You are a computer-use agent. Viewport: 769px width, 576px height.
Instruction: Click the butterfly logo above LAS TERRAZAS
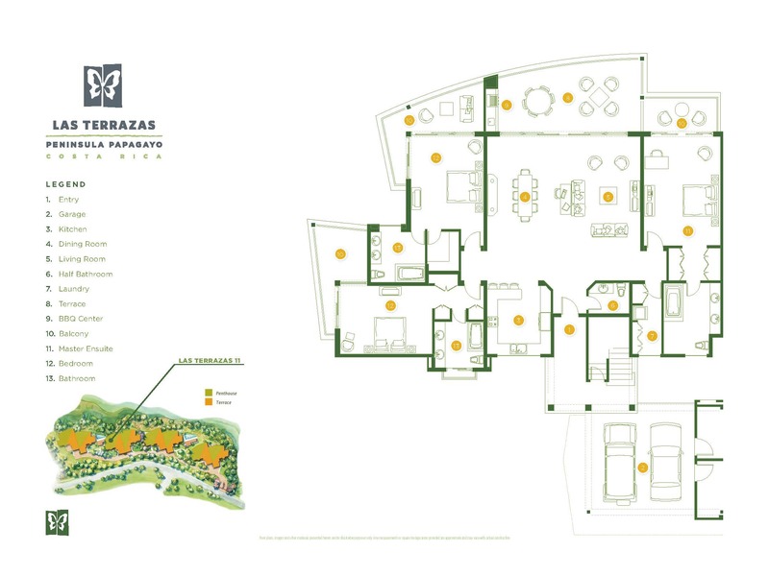coord(103,85)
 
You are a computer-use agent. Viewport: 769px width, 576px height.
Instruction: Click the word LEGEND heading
coord(65,184)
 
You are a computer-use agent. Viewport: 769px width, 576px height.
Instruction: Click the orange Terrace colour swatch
coord(208,404)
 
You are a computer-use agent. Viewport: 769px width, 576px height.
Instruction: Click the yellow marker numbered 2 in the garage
coord(642,468)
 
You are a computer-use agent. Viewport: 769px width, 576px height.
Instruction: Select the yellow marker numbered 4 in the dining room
coord(525,197)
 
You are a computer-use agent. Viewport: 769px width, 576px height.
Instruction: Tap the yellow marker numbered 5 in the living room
coord(608,196)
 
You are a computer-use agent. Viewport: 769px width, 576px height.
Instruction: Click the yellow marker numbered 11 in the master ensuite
coord(688,230)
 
